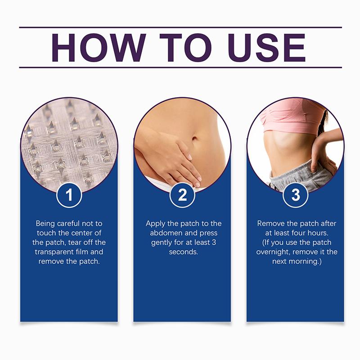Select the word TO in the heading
coord(185,48)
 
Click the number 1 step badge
coord(69,195)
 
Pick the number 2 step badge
coord(182,195)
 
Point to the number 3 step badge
coord(296,195)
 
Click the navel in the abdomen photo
coord(194,139)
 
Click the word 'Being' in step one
coord(45,224)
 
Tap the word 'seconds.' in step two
coord(184,252)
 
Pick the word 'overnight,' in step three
coord(273,252)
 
